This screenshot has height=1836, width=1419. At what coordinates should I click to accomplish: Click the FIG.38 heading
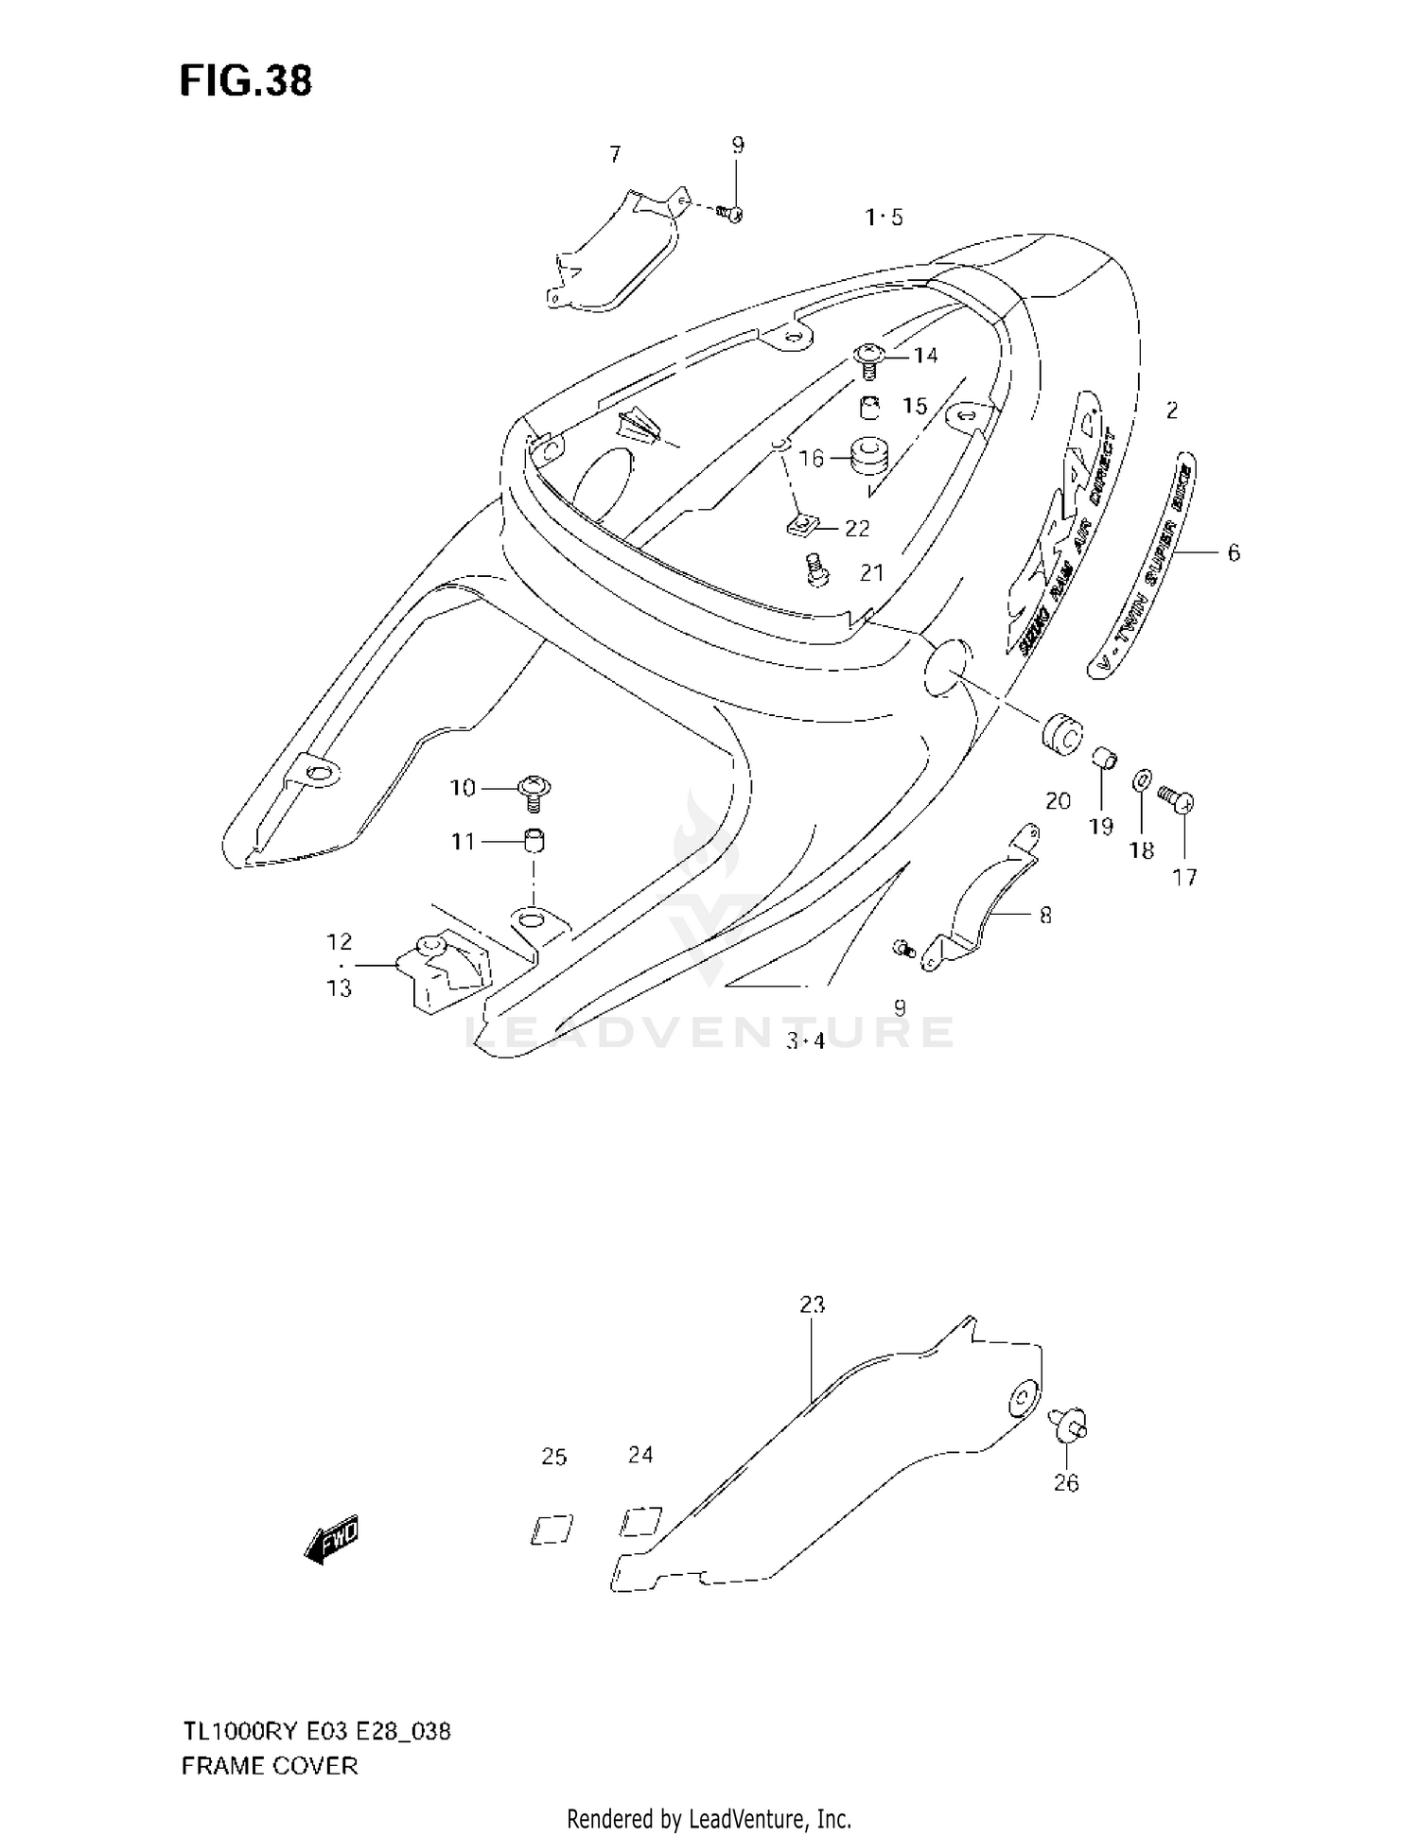[x=246, y=81]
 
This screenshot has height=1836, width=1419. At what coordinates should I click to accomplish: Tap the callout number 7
[x=615, y=153]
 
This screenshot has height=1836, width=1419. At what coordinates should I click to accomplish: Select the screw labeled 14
[x=868, y=359]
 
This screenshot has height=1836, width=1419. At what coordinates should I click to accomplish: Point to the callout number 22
[x=857, y=528]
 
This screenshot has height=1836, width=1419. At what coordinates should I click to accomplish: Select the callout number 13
[x=339, y=988]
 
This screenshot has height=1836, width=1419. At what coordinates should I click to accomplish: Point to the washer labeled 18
[x=1142, y=781]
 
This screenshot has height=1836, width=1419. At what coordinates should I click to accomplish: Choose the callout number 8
[x=1045, y=915]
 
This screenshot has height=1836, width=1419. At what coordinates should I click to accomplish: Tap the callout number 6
[x=1234, y=552]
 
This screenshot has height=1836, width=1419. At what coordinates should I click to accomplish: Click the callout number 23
[x=812, y=1304]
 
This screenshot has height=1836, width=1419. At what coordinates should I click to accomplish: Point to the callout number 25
[x=554, y=1457]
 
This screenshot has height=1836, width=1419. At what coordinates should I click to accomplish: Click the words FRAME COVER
[x=270, y=1765]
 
